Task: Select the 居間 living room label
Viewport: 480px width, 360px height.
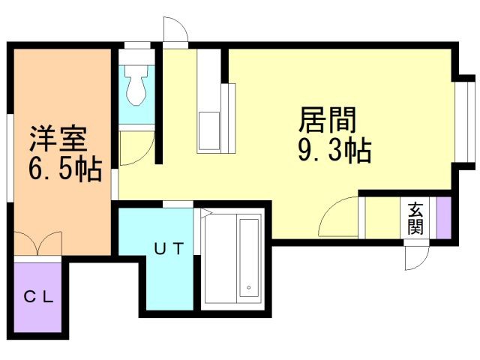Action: pos(328,119)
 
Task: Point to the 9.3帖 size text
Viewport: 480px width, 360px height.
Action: pos(335,150)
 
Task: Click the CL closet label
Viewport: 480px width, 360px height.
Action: pos(39,296)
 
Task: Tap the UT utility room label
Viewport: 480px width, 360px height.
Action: pos(169,248)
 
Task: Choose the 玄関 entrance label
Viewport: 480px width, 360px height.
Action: pos(415,218)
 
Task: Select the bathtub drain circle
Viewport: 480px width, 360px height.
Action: pos(249,287)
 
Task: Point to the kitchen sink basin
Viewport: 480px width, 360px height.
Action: pos(209,131)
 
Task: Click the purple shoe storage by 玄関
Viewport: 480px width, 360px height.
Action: pos(443,217)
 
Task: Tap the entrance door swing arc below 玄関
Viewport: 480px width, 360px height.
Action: pos(416,258)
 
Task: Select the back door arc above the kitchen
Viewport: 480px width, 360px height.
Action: pos(175,29)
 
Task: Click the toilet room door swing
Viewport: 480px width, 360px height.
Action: pos(136,148)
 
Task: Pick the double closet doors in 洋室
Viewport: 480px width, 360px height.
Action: pos(38,244)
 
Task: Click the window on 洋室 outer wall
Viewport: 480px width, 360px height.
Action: pos(10,158)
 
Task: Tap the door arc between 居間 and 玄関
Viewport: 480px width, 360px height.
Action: pos(338,217)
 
